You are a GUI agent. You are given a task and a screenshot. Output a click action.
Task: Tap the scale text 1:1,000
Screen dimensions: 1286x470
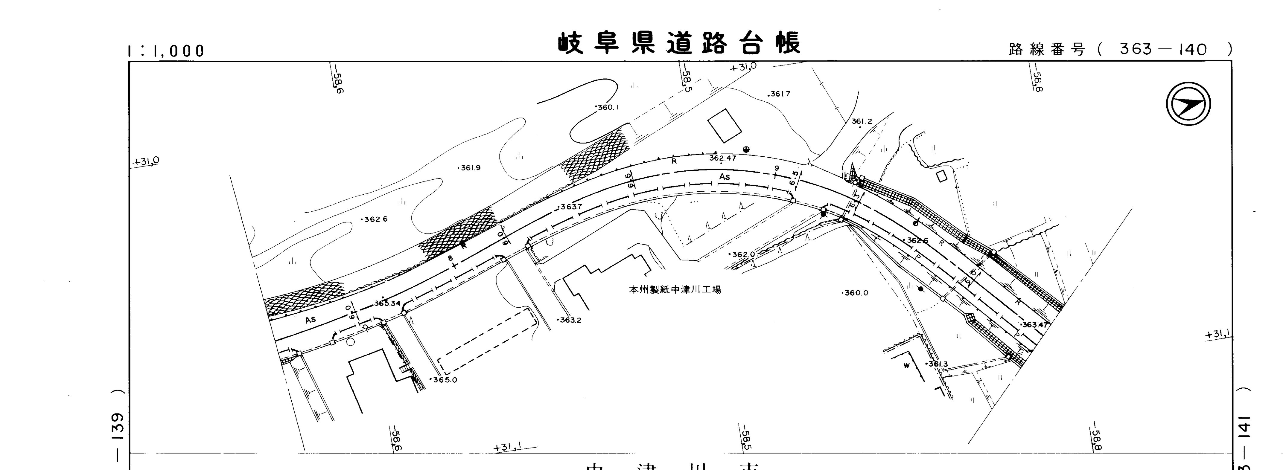(166, 51)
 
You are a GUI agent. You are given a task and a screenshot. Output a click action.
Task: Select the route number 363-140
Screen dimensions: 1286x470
(1163, 49)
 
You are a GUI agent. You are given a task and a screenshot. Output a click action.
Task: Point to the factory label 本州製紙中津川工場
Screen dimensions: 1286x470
(675, 289)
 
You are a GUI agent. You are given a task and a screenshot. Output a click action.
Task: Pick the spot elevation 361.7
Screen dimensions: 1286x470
(780, 94)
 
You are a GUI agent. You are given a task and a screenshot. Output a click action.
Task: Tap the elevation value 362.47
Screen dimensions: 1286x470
(722, 158)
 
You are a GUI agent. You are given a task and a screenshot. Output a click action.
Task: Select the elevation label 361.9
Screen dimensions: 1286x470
(470, 168)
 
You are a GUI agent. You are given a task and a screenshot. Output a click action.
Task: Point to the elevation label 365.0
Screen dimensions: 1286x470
(444, 380)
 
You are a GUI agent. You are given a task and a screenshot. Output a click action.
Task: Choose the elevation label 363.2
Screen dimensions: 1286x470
(570, 320)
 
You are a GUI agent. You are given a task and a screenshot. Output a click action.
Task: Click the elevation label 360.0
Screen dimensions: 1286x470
(856, 293)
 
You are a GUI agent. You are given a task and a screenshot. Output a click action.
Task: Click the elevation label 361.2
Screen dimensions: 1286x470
(862, 122)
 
